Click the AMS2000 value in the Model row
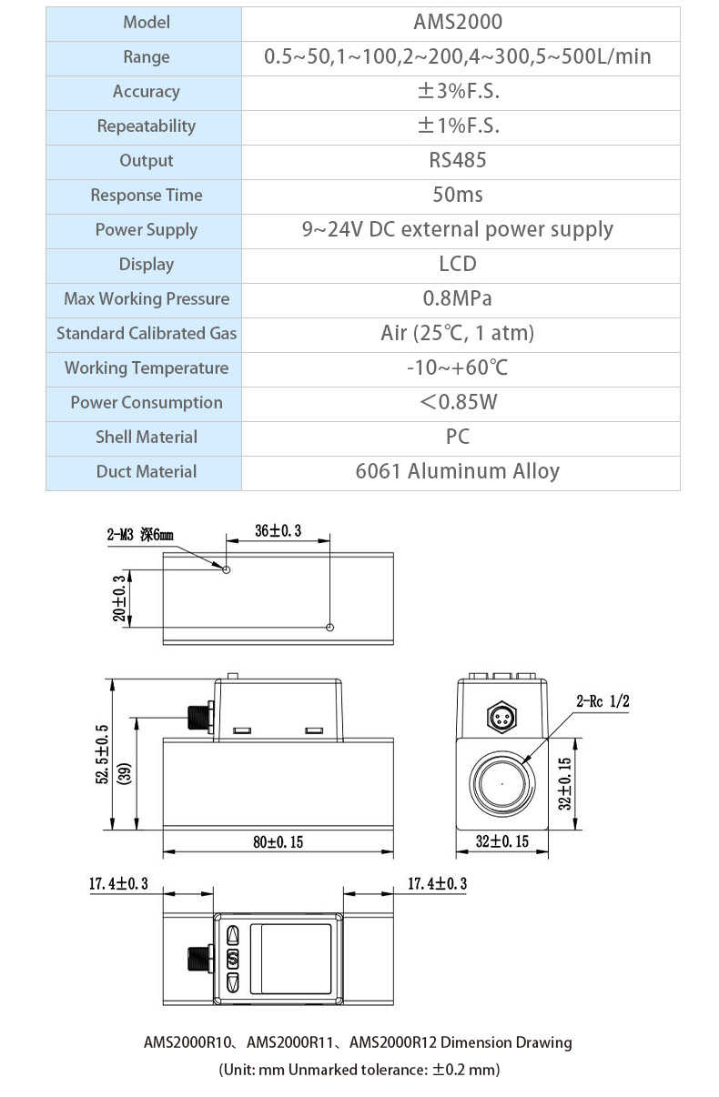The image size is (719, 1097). (x=458, y=22)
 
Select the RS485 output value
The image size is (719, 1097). (x=458, y=160)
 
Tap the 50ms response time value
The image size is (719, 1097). (x=458, y=195)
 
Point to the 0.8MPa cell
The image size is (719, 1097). (x=458, y=298)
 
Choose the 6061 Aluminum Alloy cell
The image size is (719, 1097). (x=458, y=471)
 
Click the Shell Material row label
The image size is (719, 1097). (x=146, y=437)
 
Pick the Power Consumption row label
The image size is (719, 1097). (x=146, y=402)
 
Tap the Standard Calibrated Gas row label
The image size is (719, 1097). (x=146, y=333)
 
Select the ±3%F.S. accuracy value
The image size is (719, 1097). (x=458, y=91)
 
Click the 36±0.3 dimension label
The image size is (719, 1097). (x=278, y=530)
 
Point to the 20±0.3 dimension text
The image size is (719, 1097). (x=118, y=598)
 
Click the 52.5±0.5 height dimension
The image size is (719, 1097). (x=102, y=754)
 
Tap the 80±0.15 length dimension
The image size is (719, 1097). (x=278, y=842)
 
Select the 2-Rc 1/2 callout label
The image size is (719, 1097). (x=603, y=700)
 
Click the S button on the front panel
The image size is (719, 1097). (x=232, y=959)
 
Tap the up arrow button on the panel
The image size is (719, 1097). (x=232, y=935)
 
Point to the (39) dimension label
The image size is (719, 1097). (x=127, y=773)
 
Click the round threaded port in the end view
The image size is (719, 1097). (x=501, y=783)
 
